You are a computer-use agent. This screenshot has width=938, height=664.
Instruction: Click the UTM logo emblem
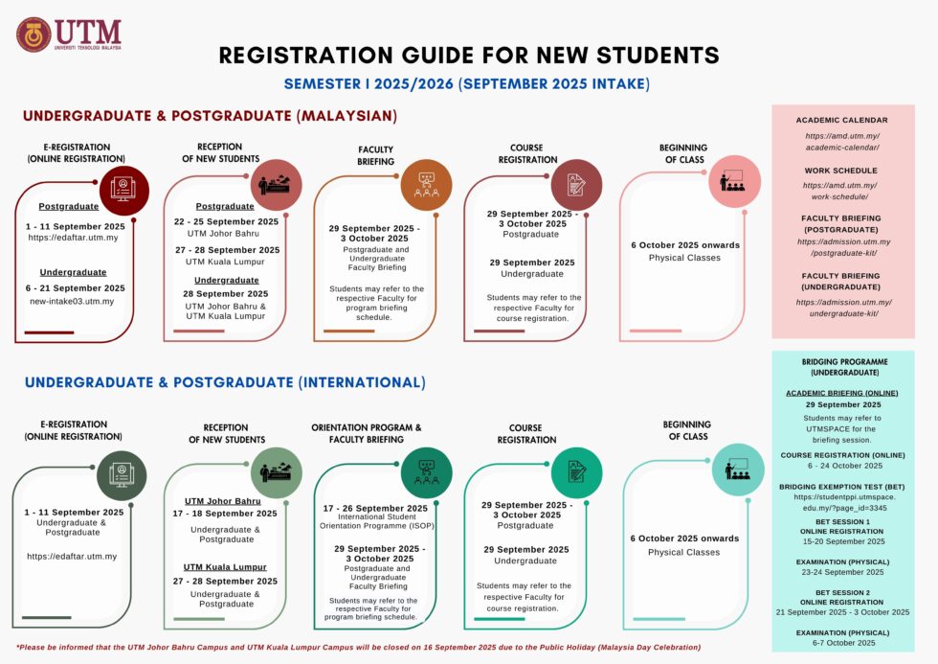click(x=34, y=34)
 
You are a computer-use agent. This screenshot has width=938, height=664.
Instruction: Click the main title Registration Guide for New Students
click(x=468, y=55)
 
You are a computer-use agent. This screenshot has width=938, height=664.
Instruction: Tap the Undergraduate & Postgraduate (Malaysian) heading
click(x=210, y=116)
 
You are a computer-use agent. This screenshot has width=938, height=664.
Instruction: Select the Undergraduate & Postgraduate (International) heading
click(x=225, y=382)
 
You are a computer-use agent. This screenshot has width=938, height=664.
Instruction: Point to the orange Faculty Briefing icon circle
click(x=426, y=186)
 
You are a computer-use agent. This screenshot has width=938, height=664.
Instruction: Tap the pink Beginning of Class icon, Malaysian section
click(x=733, y=183)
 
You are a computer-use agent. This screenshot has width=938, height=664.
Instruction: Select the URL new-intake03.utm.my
click(x=72, y=301)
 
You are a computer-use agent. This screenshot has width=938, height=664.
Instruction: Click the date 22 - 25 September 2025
click(x=226, y=221)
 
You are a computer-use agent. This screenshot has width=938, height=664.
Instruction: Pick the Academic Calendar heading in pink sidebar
click(x=841, y=120)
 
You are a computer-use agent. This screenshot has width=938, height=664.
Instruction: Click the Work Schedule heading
click(x=841, y=171)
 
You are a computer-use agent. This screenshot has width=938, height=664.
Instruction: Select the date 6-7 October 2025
click(x=842, y=643)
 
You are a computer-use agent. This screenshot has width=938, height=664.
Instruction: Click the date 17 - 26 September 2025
click(x=375, y=508)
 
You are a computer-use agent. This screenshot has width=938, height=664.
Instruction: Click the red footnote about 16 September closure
click(x=358, y=648)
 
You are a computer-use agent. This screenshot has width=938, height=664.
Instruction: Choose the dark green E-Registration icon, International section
click(x=122, y=473)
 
